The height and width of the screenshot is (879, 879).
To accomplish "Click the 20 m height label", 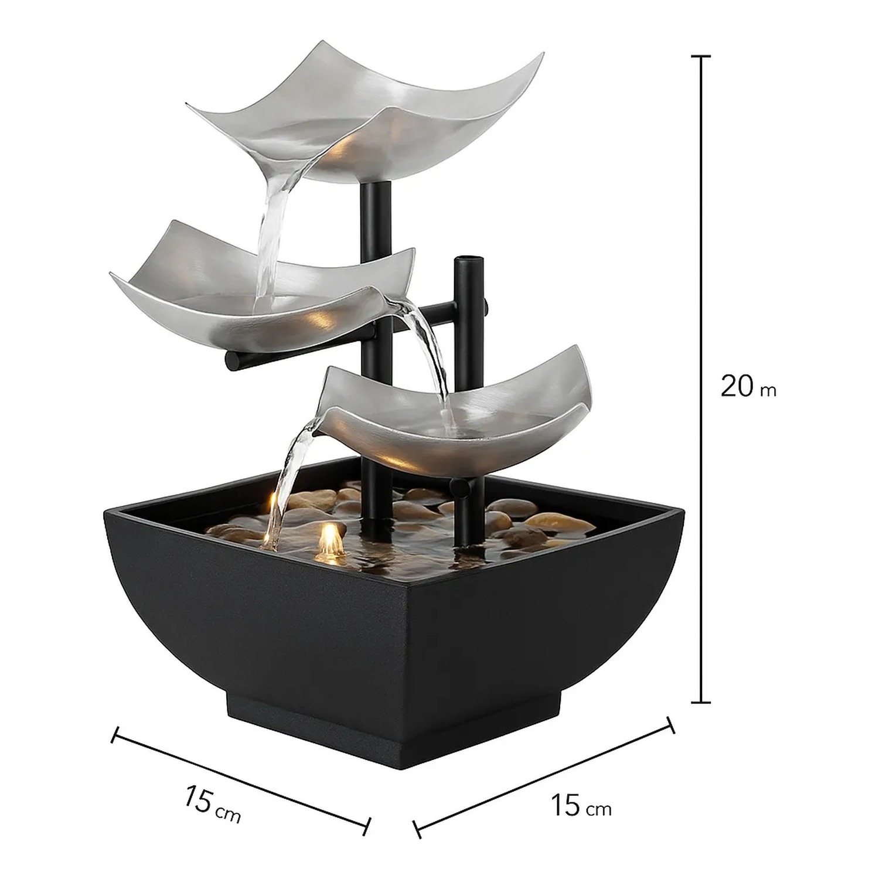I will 747,386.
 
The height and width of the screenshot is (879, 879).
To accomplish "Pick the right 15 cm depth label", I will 580,806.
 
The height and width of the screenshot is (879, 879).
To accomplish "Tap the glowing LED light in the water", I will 330,539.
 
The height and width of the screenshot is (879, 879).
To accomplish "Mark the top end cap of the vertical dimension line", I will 701,57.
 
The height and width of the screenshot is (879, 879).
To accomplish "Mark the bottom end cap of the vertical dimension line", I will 701,701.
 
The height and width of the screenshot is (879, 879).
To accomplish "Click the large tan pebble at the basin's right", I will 557,522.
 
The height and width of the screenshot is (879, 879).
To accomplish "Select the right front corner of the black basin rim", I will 683,513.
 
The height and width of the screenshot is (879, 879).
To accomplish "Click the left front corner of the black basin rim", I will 105,513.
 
